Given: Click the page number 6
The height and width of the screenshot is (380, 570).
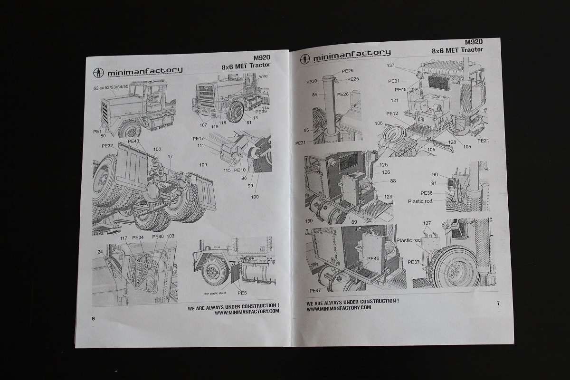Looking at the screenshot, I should pos(94,318).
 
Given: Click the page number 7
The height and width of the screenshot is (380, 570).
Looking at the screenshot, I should pos(497,303).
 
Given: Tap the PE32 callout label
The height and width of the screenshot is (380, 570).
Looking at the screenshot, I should pos(107,146).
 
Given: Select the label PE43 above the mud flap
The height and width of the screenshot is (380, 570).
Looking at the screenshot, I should pos(133,141).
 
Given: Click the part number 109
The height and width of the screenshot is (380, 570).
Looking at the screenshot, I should pos(203,165).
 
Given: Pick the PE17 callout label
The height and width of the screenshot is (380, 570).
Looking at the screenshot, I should pos(199,138).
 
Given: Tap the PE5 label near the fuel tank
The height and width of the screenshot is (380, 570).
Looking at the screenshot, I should pos(242,287).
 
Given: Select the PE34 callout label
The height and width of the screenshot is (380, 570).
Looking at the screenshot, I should pos(138,237).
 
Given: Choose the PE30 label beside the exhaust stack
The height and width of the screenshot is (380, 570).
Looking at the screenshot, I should pos(312,81).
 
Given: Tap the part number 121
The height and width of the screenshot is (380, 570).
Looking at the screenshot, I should pos(394,100).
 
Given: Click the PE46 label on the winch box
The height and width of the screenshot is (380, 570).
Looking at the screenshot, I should pos(373,258).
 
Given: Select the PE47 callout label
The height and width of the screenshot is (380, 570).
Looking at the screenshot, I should pos(315,290).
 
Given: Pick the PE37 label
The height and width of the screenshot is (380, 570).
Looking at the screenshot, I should pos(414,262).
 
